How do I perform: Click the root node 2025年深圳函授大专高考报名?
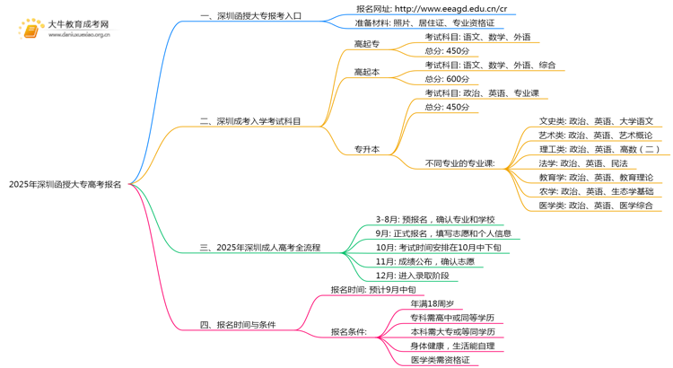pos(66,184)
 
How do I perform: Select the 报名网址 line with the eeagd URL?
pos(437,8)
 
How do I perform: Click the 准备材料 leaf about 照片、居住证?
pos(424,23)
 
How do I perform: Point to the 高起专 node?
pos(367,44)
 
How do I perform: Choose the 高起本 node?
pos(367,72)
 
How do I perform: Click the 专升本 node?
pos(367,149)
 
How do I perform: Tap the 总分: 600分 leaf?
pos(447,79)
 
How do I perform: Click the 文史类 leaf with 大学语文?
pos(596,121)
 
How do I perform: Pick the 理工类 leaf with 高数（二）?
pos(599,149)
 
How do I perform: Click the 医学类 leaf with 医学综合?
pos(596,206)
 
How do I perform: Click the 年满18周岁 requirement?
pos(438,303)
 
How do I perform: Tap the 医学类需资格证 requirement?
pos(440,360)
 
